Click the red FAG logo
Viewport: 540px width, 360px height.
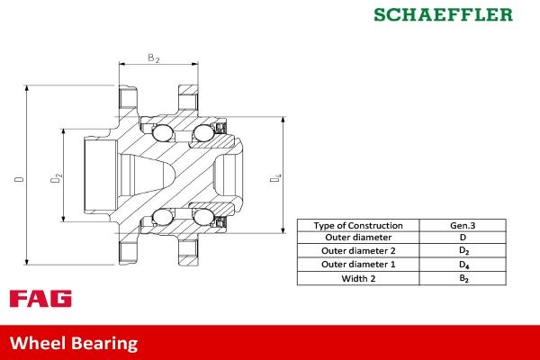coord(40,299)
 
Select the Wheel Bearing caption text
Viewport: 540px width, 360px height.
coord(74,343)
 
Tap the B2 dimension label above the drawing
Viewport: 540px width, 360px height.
coord(154,58)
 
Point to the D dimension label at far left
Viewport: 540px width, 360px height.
coord(19,179)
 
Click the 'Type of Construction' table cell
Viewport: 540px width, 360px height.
coord(358,225)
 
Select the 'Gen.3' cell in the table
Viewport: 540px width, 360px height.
coord(463,225)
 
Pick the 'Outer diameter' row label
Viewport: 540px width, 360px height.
coord(358,238)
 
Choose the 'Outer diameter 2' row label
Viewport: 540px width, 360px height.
coord(358,251)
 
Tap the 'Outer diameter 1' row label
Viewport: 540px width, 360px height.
coord(358,265)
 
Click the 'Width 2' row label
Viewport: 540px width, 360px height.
coord(358,278)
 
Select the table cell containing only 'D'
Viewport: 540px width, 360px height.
coord(463,238)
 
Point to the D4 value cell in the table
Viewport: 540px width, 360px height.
coord(463,265)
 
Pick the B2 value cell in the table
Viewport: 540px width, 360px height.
coord(463,278)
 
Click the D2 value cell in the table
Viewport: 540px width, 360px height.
coord(463,251)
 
